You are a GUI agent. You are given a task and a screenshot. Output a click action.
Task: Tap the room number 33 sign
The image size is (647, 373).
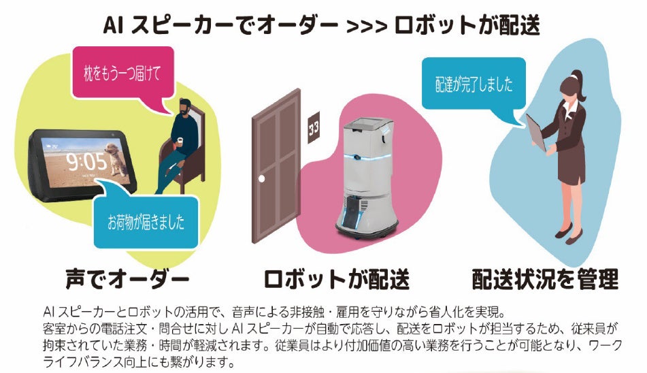(x=314, y=127)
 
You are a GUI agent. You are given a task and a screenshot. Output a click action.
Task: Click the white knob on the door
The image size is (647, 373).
(x=260, y=178)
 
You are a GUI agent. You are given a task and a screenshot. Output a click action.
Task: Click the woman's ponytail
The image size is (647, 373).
(x=578, y=76)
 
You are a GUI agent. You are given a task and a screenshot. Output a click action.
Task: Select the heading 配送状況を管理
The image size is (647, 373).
(x=545, y=278)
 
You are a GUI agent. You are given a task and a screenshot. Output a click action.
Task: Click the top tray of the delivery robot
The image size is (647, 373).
(x=367, y=123)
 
